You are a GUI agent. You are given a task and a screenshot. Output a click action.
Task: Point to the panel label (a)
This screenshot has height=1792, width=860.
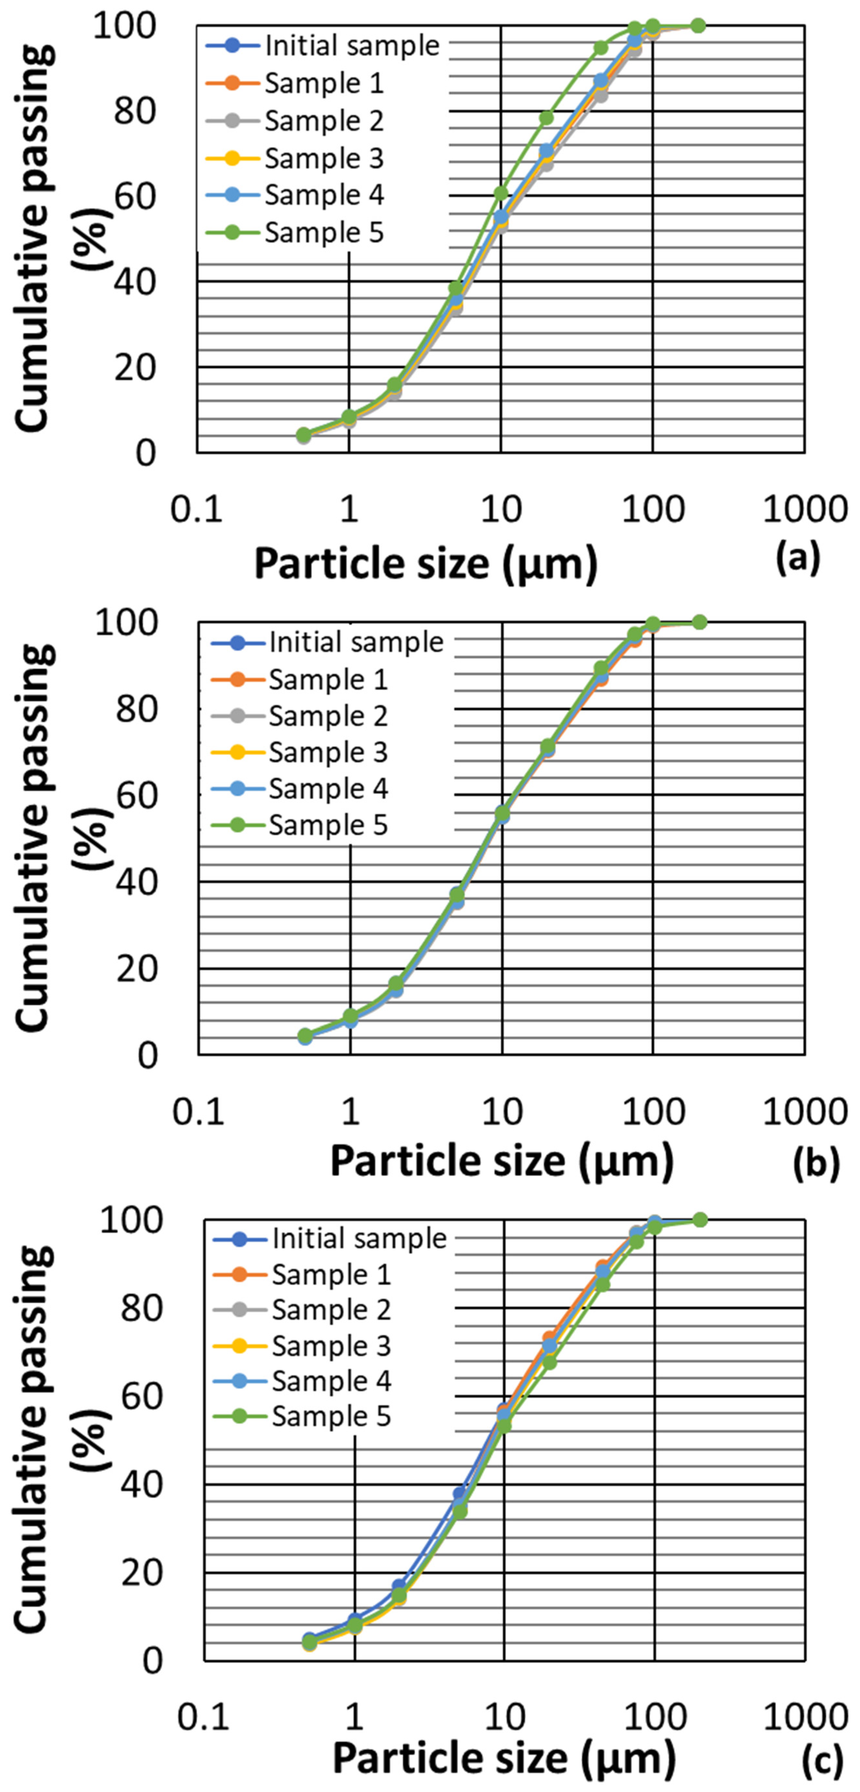798,557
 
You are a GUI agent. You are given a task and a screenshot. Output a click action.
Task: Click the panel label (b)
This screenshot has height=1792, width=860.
816,1162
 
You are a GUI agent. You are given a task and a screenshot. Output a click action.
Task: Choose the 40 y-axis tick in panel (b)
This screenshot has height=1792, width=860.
137,881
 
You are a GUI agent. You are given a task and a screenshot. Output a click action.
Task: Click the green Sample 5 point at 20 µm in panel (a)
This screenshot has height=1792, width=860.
546,117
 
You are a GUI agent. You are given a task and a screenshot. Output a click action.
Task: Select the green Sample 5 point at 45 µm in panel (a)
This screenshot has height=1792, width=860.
601,47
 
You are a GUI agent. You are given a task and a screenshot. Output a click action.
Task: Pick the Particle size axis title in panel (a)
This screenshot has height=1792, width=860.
426,563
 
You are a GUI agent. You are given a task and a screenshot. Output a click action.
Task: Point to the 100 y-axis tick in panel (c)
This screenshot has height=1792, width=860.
132,1219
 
